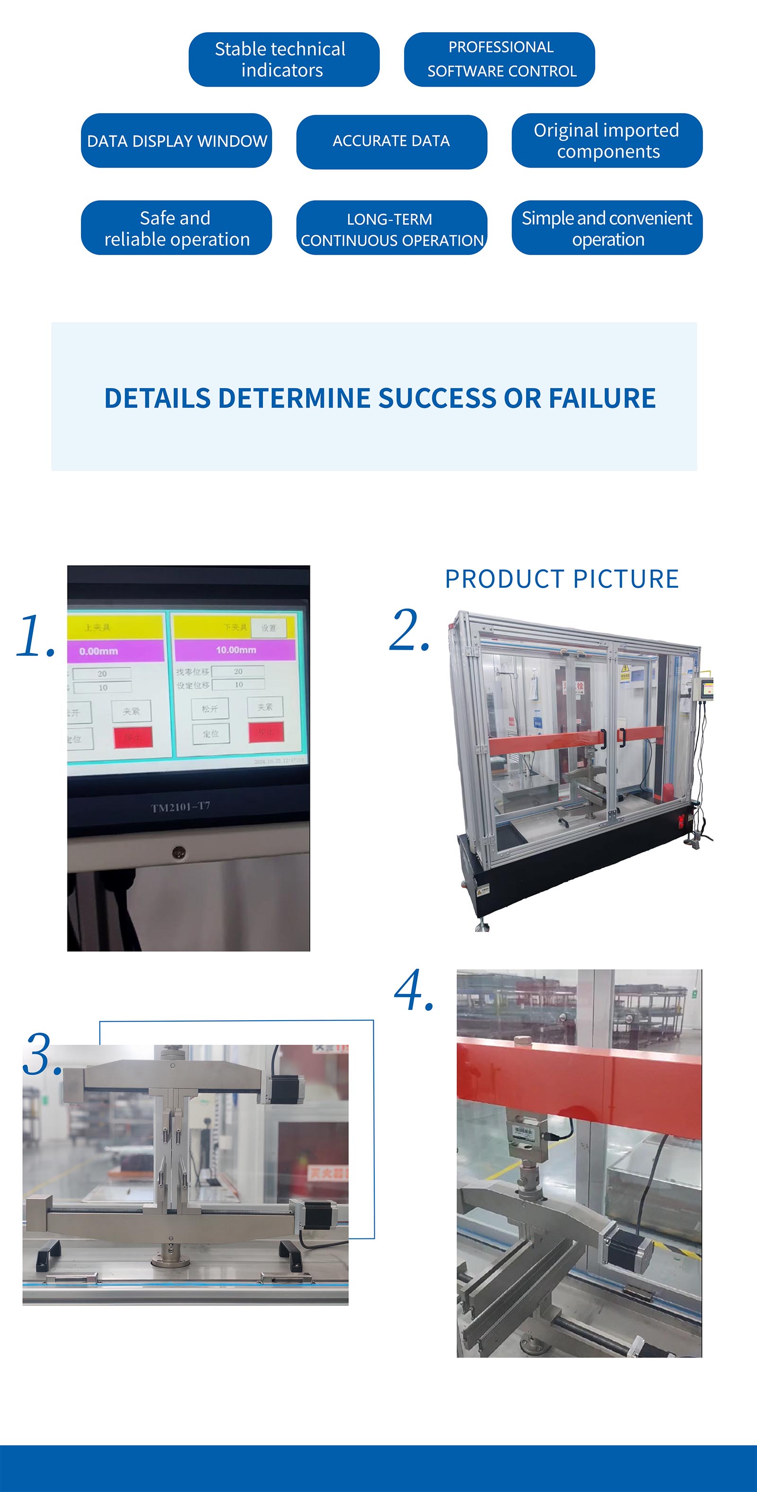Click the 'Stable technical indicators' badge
[x=284, y=60]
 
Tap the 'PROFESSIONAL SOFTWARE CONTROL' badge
[x=499, y=60]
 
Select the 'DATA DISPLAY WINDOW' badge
[x=176, y=141]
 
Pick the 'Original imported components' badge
[x=607, y=141]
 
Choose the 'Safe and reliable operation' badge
[x=176, y=228]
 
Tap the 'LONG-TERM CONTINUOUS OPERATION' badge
[x=392, y=228]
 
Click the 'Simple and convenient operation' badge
[x=607, y=228]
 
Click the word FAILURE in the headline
[x=602, y=398]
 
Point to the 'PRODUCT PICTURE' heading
[x=561, y=579]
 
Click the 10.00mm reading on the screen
[x=236, y=650]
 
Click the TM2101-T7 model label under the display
[x=180, y=807]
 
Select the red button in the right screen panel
[x=266, y=732]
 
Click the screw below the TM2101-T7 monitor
[x=179, y=852]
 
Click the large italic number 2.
[x=409, y=630]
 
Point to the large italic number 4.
[x=414, y=991]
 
